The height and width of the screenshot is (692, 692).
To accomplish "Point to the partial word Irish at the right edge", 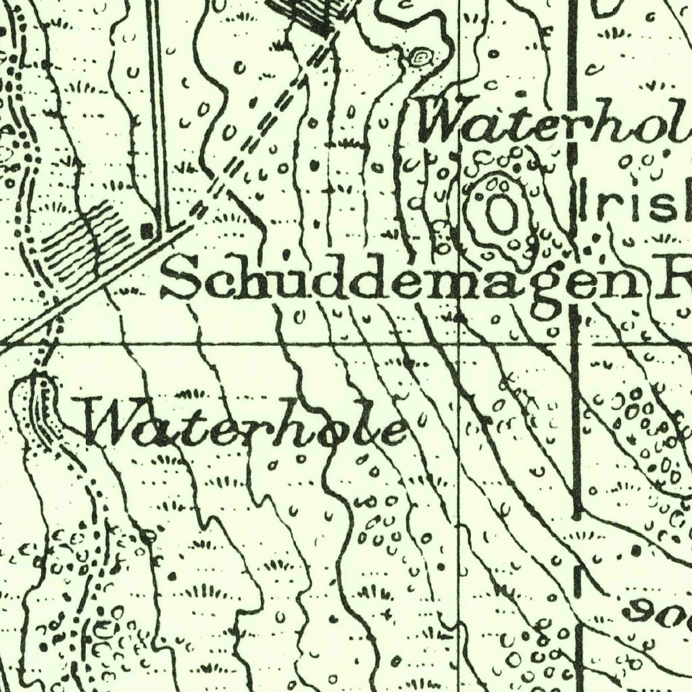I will tap(635, 203).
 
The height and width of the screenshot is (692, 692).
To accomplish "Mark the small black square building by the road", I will tap(147, 232).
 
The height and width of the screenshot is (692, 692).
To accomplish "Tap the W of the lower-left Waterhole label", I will tap(112, 422).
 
